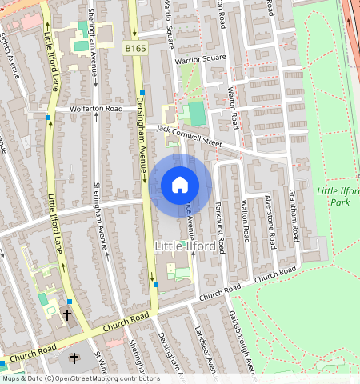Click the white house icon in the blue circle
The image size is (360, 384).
[x=180, y=185]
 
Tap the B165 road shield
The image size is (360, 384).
[x=134, y=50]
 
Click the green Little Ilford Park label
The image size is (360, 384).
[x=338, y=196]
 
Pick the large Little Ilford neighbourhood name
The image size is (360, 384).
[x=185, y=246]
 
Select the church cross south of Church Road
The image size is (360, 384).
[x=75, y=358]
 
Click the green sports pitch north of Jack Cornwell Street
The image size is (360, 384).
[x=196, y=114]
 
